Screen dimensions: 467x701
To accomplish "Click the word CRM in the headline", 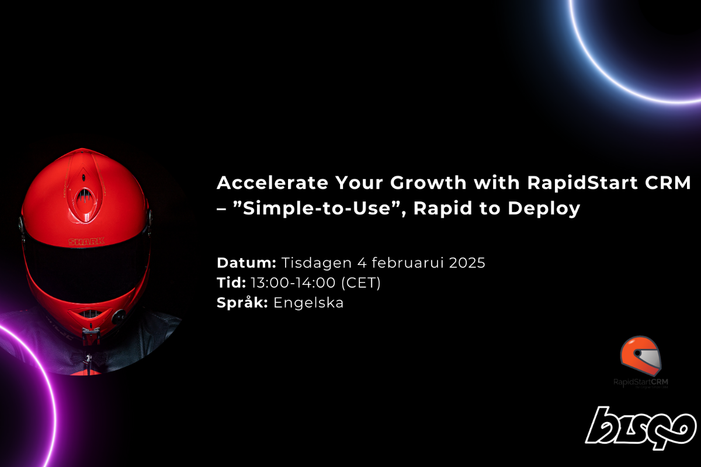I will [x=670, y=183].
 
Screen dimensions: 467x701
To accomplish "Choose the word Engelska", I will [x=308, y=303].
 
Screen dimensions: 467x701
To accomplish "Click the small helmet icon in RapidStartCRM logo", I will [x=641, y=356].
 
